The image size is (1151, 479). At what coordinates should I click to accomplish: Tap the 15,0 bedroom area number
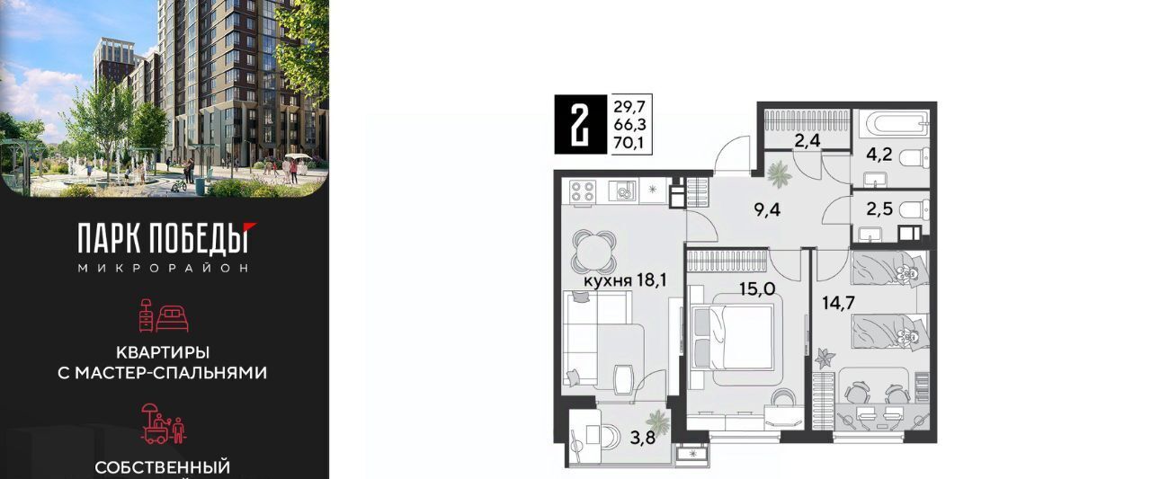click(757, 289)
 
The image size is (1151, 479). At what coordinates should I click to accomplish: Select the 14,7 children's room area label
click(839, 303)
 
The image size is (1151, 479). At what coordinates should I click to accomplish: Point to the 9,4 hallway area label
click(767, 209)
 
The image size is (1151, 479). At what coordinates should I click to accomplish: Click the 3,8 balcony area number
click(643, 439)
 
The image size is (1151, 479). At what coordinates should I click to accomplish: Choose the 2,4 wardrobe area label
click(807, 140)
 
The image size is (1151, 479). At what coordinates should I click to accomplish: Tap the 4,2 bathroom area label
click(879, 154)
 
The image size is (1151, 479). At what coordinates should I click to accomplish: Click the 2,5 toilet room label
click(879, 209)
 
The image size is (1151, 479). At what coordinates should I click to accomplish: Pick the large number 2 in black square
click(581, 125)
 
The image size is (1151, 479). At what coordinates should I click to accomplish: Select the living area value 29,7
click(629, 107)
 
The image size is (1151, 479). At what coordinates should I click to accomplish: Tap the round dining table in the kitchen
click(593, 252)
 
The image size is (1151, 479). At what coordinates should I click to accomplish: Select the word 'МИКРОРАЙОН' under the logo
click(164, 268)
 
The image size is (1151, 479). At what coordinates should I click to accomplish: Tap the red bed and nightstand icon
click(164, 315)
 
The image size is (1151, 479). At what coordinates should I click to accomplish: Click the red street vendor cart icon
click(164, 424)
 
